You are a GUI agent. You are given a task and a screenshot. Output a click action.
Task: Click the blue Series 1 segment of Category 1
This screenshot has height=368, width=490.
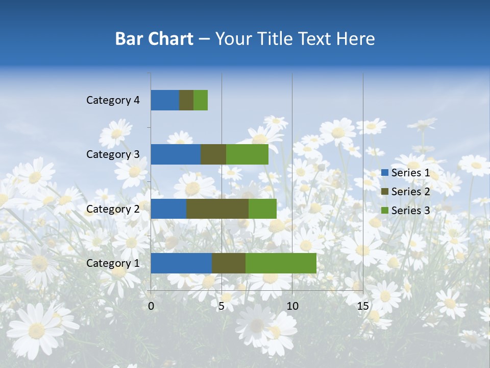click(181, 263)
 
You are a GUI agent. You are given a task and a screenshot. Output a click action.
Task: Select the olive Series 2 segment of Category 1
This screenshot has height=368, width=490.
click(228, 263)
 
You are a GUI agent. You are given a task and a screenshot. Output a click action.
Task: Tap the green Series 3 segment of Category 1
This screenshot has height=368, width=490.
click(281, 263)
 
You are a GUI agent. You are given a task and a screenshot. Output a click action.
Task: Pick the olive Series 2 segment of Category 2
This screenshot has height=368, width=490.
click(217, 209)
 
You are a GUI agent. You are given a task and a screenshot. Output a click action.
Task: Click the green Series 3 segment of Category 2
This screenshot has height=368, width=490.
click(262, 209)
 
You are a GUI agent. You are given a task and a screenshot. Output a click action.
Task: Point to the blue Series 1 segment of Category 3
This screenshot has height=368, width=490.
click(176, 154)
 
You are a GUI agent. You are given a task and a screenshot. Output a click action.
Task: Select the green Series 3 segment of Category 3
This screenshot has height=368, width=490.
click(247, 154)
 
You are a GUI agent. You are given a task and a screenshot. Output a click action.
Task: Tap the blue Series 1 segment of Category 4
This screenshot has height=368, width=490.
click(165, 100)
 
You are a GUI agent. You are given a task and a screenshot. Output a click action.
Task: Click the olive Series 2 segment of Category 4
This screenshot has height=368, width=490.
click(186, 100)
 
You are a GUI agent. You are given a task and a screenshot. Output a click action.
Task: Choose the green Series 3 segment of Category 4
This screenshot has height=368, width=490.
click(201, 100)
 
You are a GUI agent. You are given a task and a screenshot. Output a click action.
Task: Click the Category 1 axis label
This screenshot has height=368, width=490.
click(113, 263)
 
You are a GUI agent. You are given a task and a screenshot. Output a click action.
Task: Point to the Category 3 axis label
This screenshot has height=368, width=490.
click(113, 154)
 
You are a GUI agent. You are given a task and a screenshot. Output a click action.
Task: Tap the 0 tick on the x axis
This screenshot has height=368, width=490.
click(151, 306)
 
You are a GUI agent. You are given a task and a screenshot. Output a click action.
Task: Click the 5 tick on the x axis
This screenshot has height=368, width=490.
click(222, 306)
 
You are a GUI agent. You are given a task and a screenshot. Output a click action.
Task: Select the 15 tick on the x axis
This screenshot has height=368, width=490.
click(362, 306)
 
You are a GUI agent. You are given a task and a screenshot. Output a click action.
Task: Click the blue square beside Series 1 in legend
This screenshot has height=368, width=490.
click(384, 173)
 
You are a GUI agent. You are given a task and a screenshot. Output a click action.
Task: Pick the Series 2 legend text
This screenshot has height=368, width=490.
click(410, 192)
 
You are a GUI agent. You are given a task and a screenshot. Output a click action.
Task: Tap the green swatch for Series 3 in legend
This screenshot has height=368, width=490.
click(384, 211)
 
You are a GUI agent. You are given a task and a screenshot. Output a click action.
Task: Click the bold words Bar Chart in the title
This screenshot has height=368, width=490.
click(154, 39)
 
